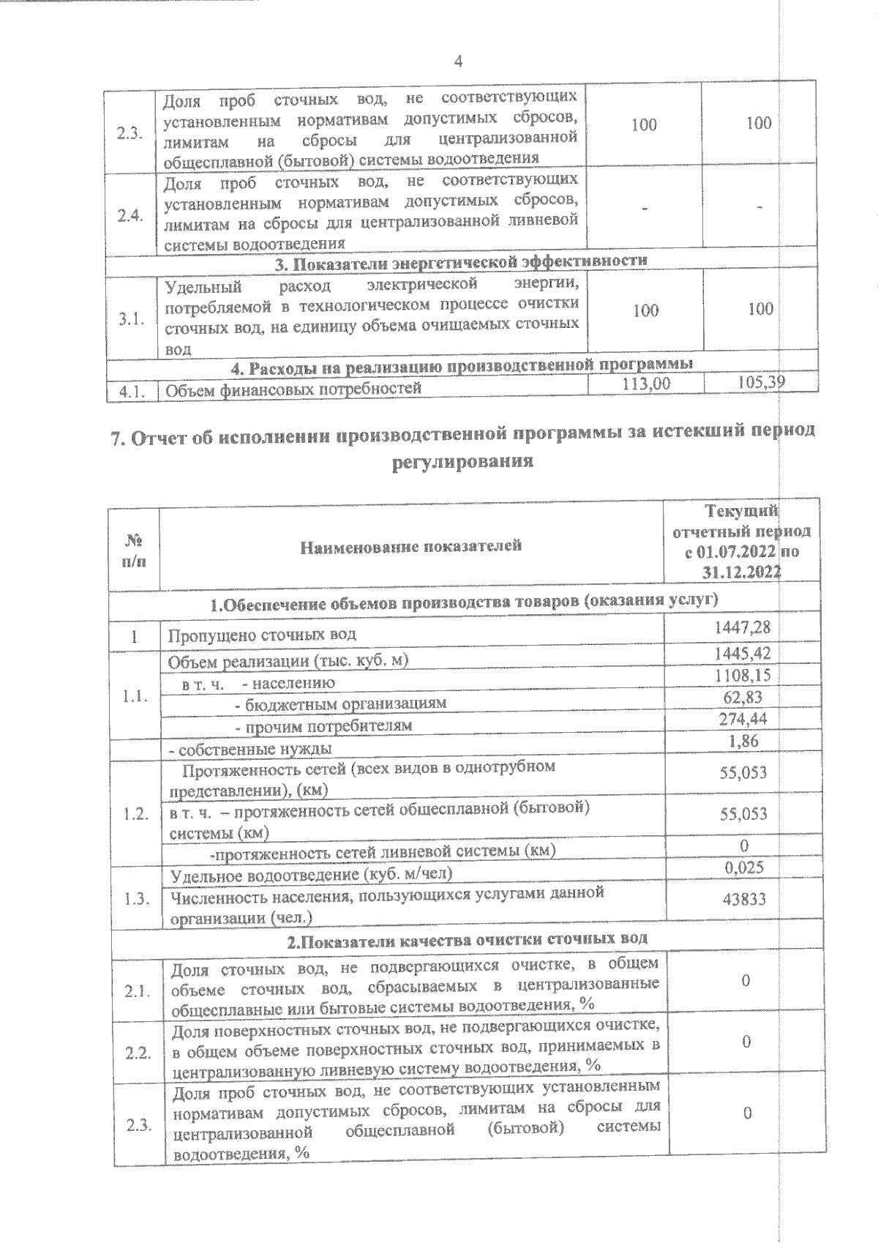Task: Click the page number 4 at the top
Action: tap(458, 61)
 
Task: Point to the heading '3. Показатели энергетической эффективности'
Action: tap(460, 261)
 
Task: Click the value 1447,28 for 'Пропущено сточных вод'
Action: tap(742, 627)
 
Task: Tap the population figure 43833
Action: tap(744, 898)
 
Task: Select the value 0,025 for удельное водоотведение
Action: tap(744, 867)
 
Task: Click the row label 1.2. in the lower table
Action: tap(137, 814)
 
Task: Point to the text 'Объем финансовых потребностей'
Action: tap(293, 389)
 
